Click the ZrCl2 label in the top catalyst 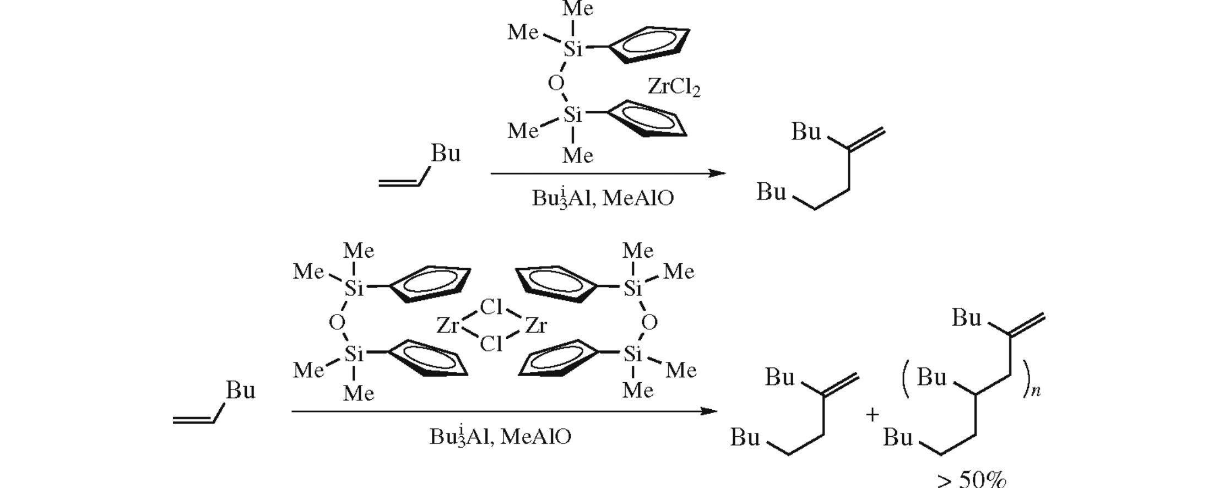[x=673, y=86]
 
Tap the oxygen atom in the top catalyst [x=556, y=83]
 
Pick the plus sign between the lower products [x=872, y=414]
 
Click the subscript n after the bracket [x=1036, y=392]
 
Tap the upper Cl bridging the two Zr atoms [x=491, y=307]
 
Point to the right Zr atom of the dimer [x=535, y=326]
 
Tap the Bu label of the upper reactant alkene [x=445, y=153]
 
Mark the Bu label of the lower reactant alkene [x=240, y=391]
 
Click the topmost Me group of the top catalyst [x=577, y=9]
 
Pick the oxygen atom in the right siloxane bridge [x=649, y=322]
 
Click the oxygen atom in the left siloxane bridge [x=337, y=322]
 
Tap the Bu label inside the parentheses [x=931, y=377]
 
